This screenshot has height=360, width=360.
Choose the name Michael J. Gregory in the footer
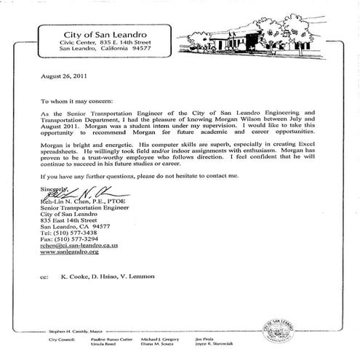tap(180, 340)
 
